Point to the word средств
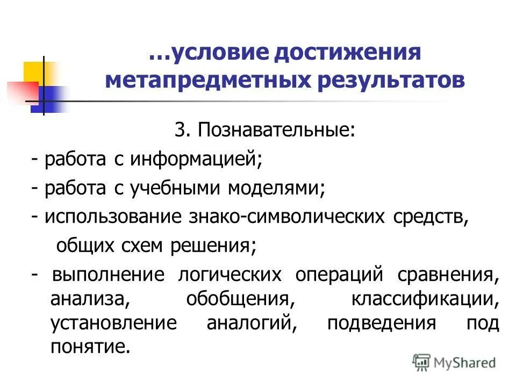427,218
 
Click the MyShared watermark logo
455,363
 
